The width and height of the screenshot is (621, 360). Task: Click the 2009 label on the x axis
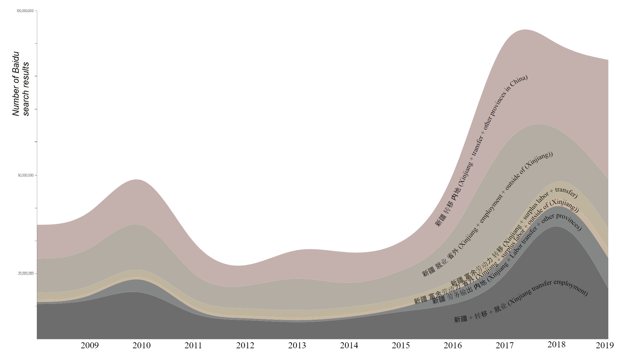click(x=90, y=345)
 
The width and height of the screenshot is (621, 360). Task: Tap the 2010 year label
click(x=141, y=345)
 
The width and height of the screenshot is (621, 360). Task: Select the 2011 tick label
click(x=193, y=345)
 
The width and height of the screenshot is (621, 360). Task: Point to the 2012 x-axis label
click(x=245, y=345)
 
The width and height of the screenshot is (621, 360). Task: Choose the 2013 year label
click(x=297, y=345)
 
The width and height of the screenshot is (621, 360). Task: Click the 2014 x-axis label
click(x=349, y=345)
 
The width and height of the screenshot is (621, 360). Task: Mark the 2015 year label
click(x=401, y=345)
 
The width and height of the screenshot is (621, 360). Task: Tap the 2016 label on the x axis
click(x=453, y=345)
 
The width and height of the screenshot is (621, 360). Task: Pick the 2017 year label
click(x=505, y=345)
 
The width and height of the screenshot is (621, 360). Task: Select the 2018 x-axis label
click(x=556, y=345)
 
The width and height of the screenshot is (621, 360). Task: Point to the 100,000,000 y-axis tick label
click(x=25, y=11)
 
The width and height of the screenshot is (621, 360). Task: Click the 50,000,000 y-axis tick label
click(x=26, y=175)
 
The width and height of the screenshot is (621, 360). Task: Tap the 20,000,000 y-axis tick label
click(x=26, y=274)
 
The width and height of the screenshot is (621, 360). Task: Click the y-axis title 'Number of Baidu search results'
click(x=21, y=84)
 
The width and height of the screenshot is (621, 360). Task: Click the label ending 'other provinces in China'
click(x=481, y=151)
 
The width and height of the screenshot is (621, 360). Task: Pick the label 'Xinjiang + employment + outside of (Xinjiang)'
click(x=487, y=215)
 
